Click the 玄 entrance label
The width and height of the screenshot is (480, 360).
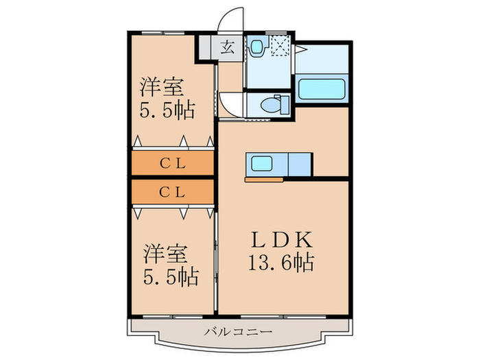(x=227, y=49)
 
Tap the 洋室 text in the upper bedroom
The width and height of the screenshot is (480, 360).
(x=162, y=87)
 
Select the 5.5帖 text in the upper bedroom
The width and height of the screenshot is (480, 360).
(x=167, y=109)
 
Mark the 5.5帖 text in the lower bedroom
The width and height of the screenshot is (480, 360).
(x=170, y=277)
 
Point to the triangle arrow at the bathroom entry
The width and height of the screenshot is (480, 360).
(x=300, y=50)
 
